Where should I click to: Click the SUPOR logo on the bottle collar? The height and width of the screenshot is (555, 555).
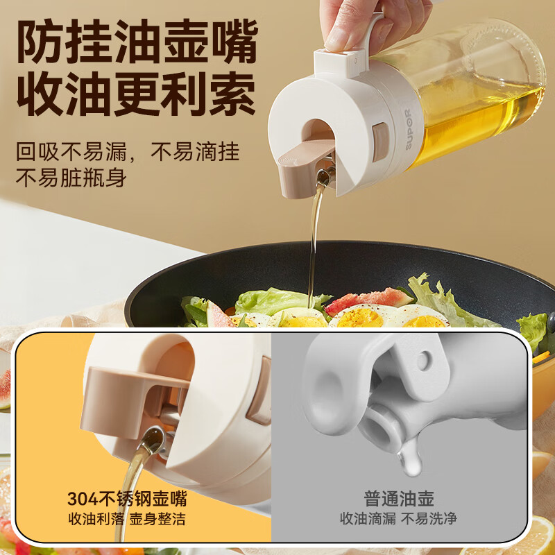tap(408, 130)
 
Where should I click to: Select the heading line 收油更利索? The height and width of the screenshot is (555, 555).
tap(136, 94)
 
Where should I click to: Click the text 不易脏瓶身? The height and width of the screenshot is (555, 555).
tap(71, 178)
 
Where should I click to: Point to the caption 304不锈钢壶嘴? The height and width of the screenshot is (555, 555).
tap(127, 499)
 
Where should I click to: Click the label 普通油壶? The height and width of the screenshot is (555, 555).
tap(399, 499)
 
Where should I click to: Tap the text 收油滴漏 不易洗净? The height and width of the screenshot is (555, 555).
tap(398, 519)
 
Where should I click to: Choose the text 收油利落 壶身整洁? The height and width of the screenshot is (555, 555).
tap(127, 519)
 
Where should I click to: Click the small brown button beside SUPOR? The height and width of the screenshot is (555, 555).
tap(380, 142)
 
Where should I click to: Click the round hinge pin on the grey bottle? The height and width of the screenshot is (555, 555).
tap(423, 361)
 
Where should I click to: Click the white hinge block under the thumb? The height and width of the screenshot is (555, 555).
tap(339, 62)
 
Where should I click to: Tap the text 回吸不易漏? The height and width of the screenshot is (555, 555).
tap(71, 152)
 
